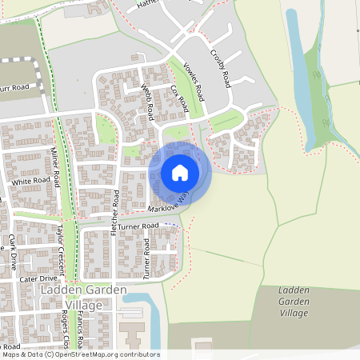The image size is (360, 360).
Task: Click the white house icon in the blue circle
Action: tap(180, 172)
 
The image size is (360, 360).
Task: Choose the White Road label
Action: tap(30, 182)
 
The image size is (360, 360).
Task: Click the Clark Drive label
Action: tap(13, 250)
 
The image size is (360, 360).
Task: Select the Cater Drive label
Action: tap(38, 278)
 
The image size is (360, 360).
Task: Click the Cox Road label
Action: tap(179, 98)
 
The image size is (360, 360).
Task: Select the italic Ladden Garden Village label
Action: tap(292, 302)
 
